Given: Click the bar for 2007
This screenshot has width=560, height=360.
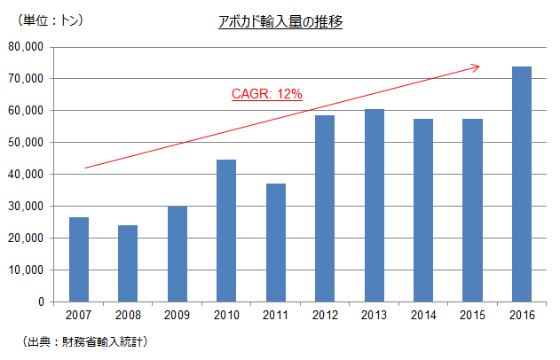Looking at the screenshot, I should (x=79, y=259).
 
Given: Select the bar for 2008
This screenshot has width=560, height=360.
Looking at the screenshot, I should (x=128, y=263).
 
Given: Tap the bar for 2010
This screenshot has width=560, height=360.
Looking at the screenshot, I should (x=226, y=231).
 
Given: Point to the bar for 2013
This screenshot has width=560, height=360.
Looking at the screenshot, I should (x=375, y=205).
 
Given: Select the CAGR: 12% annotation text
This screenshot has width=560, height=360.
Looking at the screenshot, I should (x=267, y=93).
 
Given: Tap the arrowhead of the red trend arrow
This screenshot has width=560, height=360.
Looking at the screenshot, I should (x=476, y=67).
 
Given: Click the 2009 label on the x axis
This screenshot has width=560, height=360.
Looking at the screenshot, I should (x=177, y=315).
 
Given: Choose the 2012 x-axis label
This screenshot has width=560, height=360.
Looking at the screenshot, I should (x=325, y=315).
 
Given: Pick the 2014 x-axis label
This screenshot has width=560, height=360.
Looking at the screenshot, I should (x=423, y=315).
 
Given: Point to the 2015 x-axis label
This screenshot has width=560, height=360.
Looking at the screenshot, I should (x=472, y=315).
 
